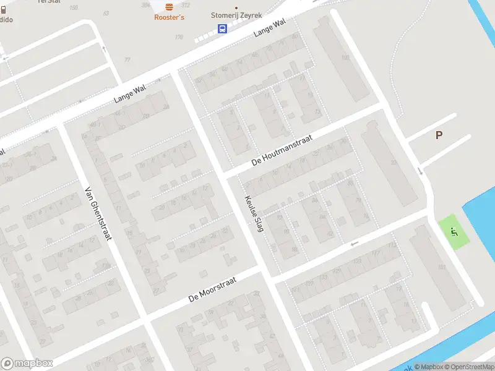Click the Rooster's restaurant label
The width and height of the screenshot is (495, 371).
click(x=169, y=17)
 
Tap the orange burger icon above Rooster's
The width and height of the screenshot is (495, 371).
click(x=170, y=7)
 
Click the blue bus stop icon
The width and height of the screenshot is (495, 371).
click(x=222, y=28)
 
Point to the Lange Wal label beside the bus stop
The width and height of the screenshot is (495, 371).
click(x=270, y=28)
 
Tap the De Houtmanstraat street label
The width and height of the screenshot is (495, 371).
click(x=282, y=150)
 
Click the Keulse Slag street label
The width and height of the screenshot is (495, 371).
click(x=254, y=213)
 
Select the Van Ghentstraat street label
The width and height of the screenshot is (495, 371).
click(x=97, y=213)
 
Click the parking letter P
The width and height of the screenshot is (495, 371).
click(x=439, y=135)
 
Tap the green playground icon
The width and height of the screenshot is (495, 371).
click(x=454, y=232)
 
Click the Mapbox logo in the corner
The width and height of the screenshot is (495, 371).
click(x=27, y=364)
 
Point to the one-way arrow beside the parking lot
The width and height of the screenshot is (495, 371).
click(x=420, y=171)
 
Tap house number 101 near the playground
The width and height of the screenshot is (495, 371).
click(x=441, y=267)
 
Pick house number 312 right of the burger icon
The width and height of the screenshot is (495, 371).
click(x=184, y=5)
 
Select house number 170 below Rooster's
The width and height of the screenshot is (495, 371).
click(x=179, y=37)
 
